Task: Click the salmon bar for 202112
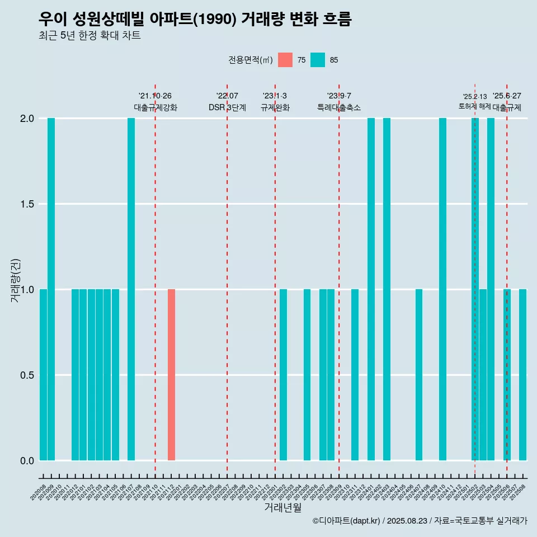point(171,375)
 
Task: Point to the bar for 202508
point(522,375)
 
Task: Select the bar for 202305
point(307,375)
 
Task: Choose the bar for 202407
point(418,375)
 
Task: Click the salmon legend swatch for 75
point(285,60)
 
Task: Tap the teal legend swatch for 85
point(318,60)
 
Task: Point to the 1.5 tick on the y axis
point(27,204)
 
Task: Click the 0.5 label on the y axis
point(27,375)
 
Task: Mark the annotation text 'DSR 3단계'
point(227,107)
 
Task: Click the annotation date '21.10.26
point(155,96)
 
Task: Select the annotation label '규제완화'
point(275,107)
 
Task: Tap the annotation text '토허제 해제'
point(474,106)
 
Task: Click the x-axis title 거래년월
point(282,508)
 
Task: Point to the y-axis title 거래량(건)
point(15,280)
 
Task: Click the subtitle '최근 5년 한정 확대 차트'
point(89,36)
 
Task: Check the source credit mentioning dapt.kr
point(420,521)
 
